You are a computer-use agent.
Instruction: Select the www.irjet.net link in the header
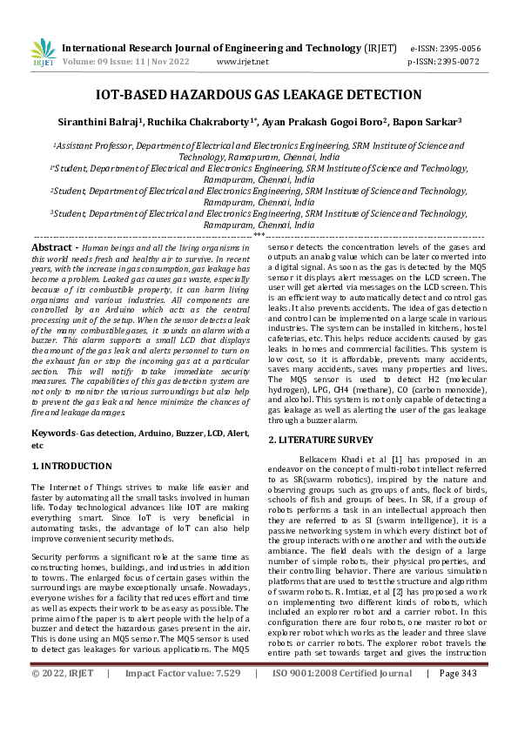[x=242, y=62]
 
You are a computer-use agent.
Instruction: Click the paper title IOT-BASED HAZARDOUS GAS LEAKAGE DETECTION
[x=259, y=95]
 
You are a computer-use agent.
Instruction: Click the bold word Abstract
[x=50, y=248]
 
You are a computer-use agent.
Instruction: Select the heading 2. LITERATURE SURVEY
[x=320, y=440]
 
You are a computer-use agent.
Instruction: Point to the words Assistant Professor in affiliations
[x=91, y=148]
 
